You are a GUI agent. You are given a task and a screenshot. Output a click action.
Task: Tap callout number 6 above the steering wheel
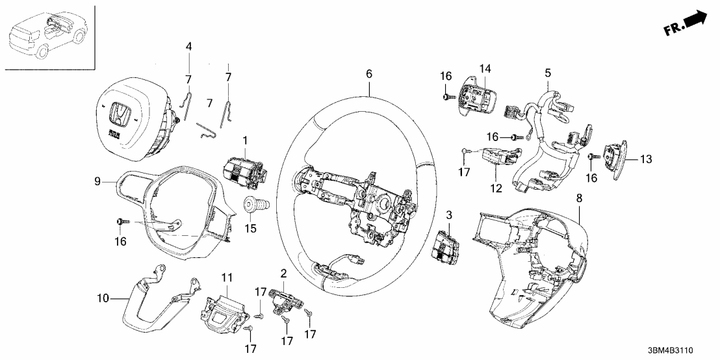(368, 74)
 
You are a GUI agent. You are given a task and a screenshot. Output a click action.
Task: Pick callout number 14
(484, 68)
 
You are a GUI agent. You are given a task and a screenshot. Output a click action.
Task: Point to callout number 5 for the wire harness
(547, 73)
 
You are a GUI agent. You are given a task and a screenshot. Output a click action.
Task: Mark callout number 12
(496, 188)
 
